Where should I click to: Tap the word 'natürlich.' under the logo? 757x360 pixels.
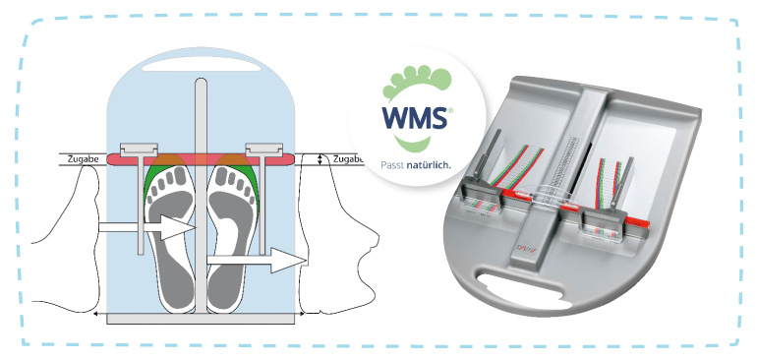(x=430, y=163)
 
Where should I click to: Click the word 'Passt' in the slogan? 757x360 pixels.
(x=390, y=163)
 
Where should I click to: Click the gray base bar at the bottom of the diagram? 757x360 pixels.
(x=201, y=318)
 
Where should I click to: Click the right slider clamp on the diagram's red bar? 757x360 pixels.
(x=263, y=150)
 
